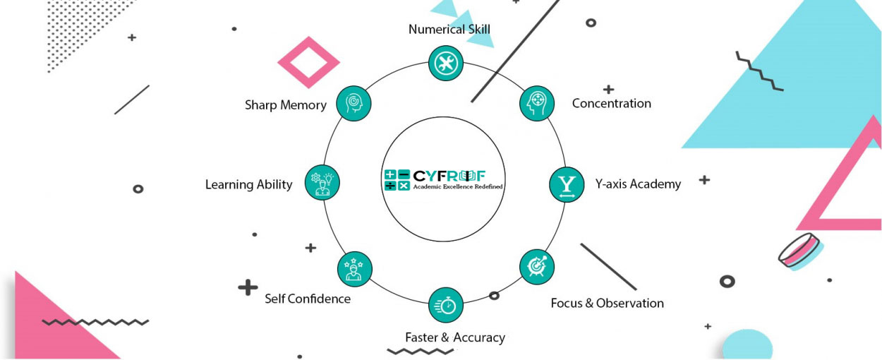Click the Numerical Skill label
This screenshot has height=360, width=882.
click(449, 29)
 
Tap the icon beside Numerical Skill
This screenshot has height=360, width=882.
click(446, 64)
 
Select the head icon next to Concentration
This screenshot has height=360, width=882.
click(537, 103)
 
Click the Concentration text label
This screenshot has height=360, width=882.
click(611, 104)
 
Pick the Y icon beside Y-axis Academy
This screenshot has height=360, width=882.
click(567, 185)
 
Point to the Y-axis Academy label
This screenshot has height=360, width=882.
click(638, 184)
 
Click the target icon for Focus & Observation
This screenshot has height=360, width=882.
click(537, 266)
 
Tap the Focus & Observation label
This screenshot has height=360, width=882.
click(607, 304)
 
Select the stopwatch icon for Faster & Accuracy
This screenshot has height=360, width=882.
click(446, 305)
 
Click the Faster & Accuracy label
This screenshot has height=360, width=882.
click(455, 337)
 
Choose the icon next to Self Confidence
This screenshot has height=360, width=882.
click(354, 269)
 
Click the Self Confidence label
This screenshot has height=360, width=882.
click(308, 299)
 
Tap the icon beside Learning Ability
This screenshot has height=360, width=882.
click(322, 182)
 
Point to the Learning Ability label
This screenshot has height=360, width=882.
click(248, 185)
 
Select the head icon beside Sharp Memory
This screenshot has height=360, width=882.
click(354, 103)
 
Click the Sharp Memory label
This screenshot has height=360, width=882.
click(286, 105)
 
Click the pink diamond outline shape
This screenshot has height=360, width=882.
click(309, 63)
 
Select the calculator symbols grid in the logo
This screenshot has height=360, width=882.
click(397, 180)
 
